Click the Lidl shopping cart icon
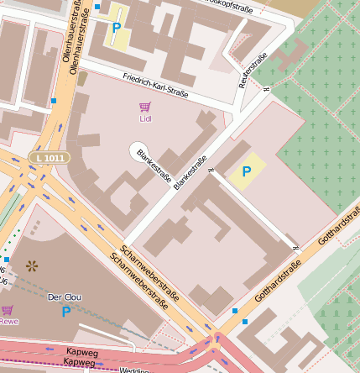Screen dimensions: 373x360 [x=144, y=108]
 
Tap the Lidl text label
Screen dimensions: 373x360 [x=144, y=118]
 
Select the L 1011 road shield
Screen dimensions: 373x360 [x=49, y=157]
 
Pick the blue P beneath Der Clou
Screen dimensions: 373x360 [x=66, y=312]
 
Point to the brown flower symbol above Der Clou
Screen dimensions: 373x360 [x=33, y=266]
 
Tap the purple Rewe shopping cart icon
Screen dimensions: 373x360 [x=8, y=311]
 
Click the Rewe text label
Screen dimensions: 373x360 [x=8, y=321]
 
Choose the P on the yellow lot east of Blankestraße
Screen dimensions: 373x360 [x=246, y=171]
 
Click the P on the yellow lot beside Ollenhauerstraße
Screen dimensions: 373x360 [x=116, y=28]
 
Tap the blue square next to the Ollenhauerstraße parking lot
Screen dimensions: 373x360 [x=97, y=7]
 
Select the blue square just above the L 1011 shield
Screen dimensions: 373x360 [x=54, y=101]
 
